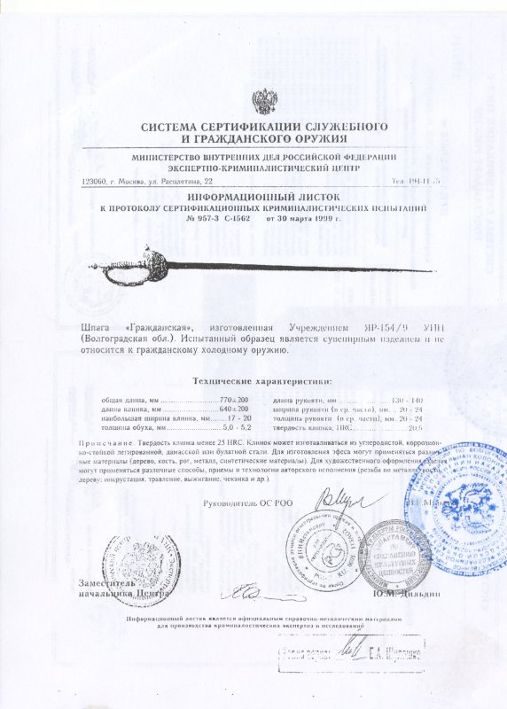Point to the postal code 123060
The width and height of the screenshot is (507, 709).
(x=94, y=180)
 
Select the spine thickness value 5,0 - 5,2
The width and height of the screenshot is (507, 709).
(x=235, y=427)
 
